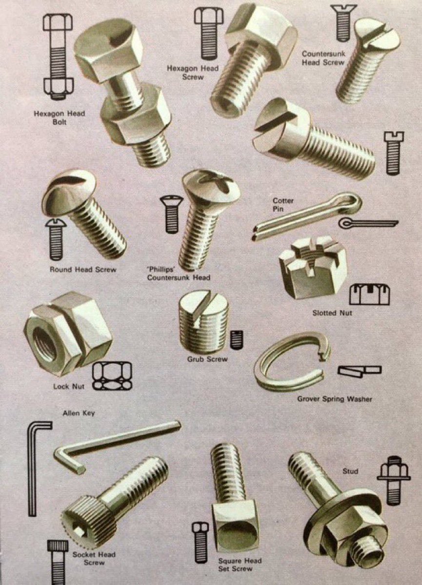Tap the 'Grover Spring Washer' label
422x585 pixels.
335,399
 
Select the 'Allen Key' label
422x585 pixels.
79,413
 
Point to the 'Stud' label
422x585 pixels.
350,471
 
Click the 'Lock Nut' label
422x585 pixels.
68,387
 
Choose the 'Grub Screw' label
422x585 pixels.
207,359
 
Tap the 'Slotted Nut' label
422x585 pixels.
332,312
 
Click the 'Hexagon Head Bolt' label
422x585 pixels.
59,117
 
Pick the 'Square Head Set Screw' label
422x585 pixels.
236,564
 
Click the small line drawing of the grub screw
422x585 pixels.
237,339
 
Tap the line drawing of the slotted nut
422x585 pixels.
369,294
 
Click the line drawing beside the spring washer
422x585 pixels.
359,370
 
